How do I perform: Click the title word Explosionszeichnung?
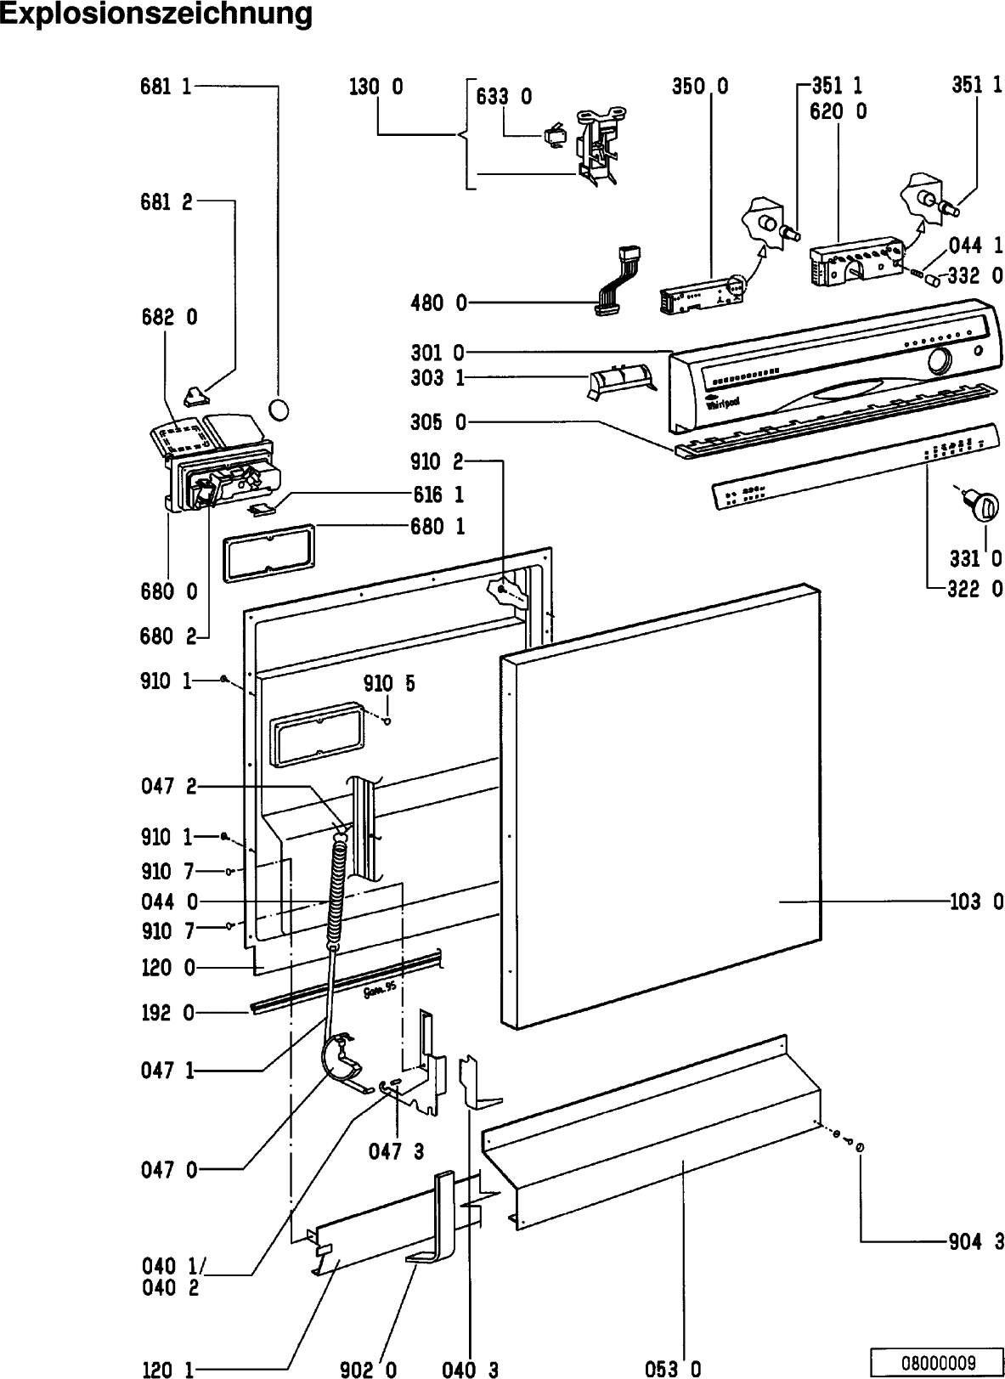coord(155,14)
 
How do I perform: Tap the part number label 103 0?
coord(975,901)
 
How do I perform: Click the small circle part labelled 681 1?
coord(279,410)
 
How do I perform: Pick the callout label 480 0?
coord(438,302)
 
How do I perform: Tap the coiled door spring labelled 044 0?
coord(338,888)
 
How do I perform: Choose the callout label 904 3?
coord(975,1242)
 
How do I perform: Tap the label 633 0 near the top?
coord(504,97)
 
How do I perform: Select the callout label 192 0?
coord(168,1013)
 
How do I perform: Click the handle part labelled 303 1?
coord(620,380)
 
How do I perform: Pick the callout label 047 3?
coord(395,1151)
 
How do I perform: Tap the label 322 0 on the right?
coord(975,588)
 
